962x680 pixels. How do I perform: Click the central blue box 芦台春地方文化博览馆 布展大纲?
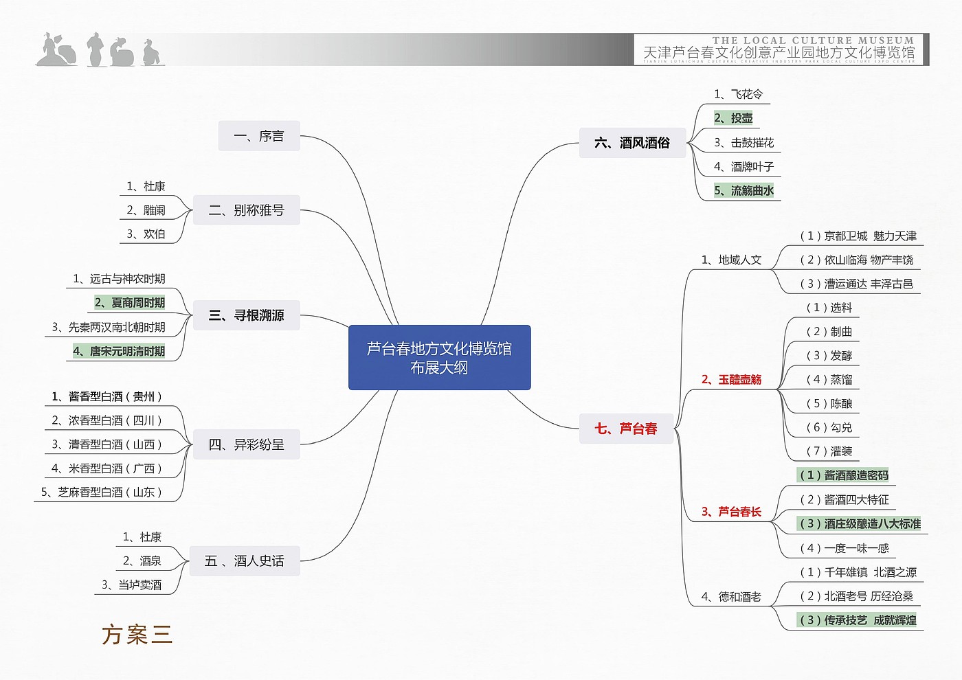tap(439, 358)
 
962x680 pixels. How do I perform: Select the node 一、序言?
tap(259, 136)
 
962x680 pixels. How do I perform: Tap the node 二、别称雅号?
tap(246, 210)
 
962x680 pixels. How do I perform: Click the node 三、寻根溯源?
tap(246, 315)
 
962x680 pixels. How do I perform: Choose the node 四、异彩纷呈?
tap(246, 444)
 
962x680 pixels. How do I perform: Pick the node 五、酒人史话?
tap(245, 561)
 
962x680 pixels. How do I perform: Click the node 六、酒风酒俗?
tap(632, 143)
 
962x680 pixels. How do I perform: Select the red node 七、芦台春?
tap(626, 429)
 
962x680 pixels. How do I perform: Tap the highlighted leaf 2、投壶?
tap(733, 118)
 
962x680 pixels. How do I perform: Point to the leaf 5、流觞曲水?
tap(743, 190)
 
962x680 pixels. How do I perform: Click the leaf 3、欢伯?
tap(146, 234)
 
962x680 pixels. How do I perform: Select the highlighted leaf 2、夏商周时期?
tap(130, 303)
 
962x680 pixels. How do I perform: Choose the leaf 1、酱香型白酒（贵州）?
tap(107, 396)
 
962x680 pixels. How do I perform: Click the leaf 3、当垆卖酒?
tap(131, 585)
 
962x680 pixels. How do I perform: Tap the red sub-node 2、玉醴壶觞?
tap(731, 380)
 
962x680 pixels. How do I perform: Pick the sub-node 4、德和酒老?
tap(731, 597)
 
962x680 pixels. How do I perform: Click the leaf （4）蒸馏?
tap(829, 380)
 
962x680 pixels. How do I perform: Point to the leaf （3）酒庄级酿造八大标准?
tap(860, 524)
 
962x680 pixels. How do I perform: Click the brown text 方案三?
tap(137, 635)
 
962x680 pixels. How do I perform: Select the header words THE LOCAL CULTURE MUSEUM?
tap(813, 41)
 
